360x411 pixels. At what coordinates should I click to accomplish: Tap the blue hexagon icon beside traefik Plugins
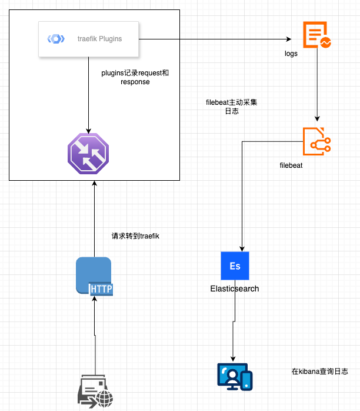[x=56, y=39]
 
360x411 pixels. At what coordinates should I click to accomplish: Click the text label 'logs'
[x=291, y=54]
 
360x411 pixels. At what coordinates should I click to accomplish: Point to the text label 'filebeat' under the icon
[x=291, y=165]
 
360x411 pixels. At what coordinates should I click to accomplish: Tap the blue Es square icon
[x=235, y=266]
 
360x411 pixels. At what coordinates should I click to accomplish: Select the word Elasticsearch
[x=235, y=289]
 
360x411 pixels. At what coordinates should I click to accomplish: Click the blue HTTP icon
[x=94, y=275]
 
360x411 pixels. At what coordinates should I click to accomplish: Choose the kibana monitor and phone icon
[x=235, y=377]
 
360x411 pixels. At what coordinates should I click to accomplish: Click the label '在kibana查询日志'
[x=319, y=372]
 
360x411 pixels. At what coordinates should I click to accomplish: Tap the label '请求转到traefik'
[x=136, y=236]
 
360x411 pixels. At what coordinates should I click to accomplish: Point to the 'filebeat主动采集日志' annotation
[x=231, y=107]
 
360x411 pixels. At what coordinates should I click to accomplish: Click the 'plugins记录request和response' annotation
[x=135, y=78]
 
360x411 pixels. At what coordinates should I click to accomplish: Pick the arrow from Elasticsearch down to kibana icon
[x=234, y=330]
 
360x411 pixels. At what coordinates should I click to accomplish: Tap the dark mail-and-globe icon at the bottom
[x=95, y=390]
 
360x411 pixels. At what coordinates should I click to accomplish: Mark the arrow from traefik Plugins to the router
[x=88, y=94]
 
